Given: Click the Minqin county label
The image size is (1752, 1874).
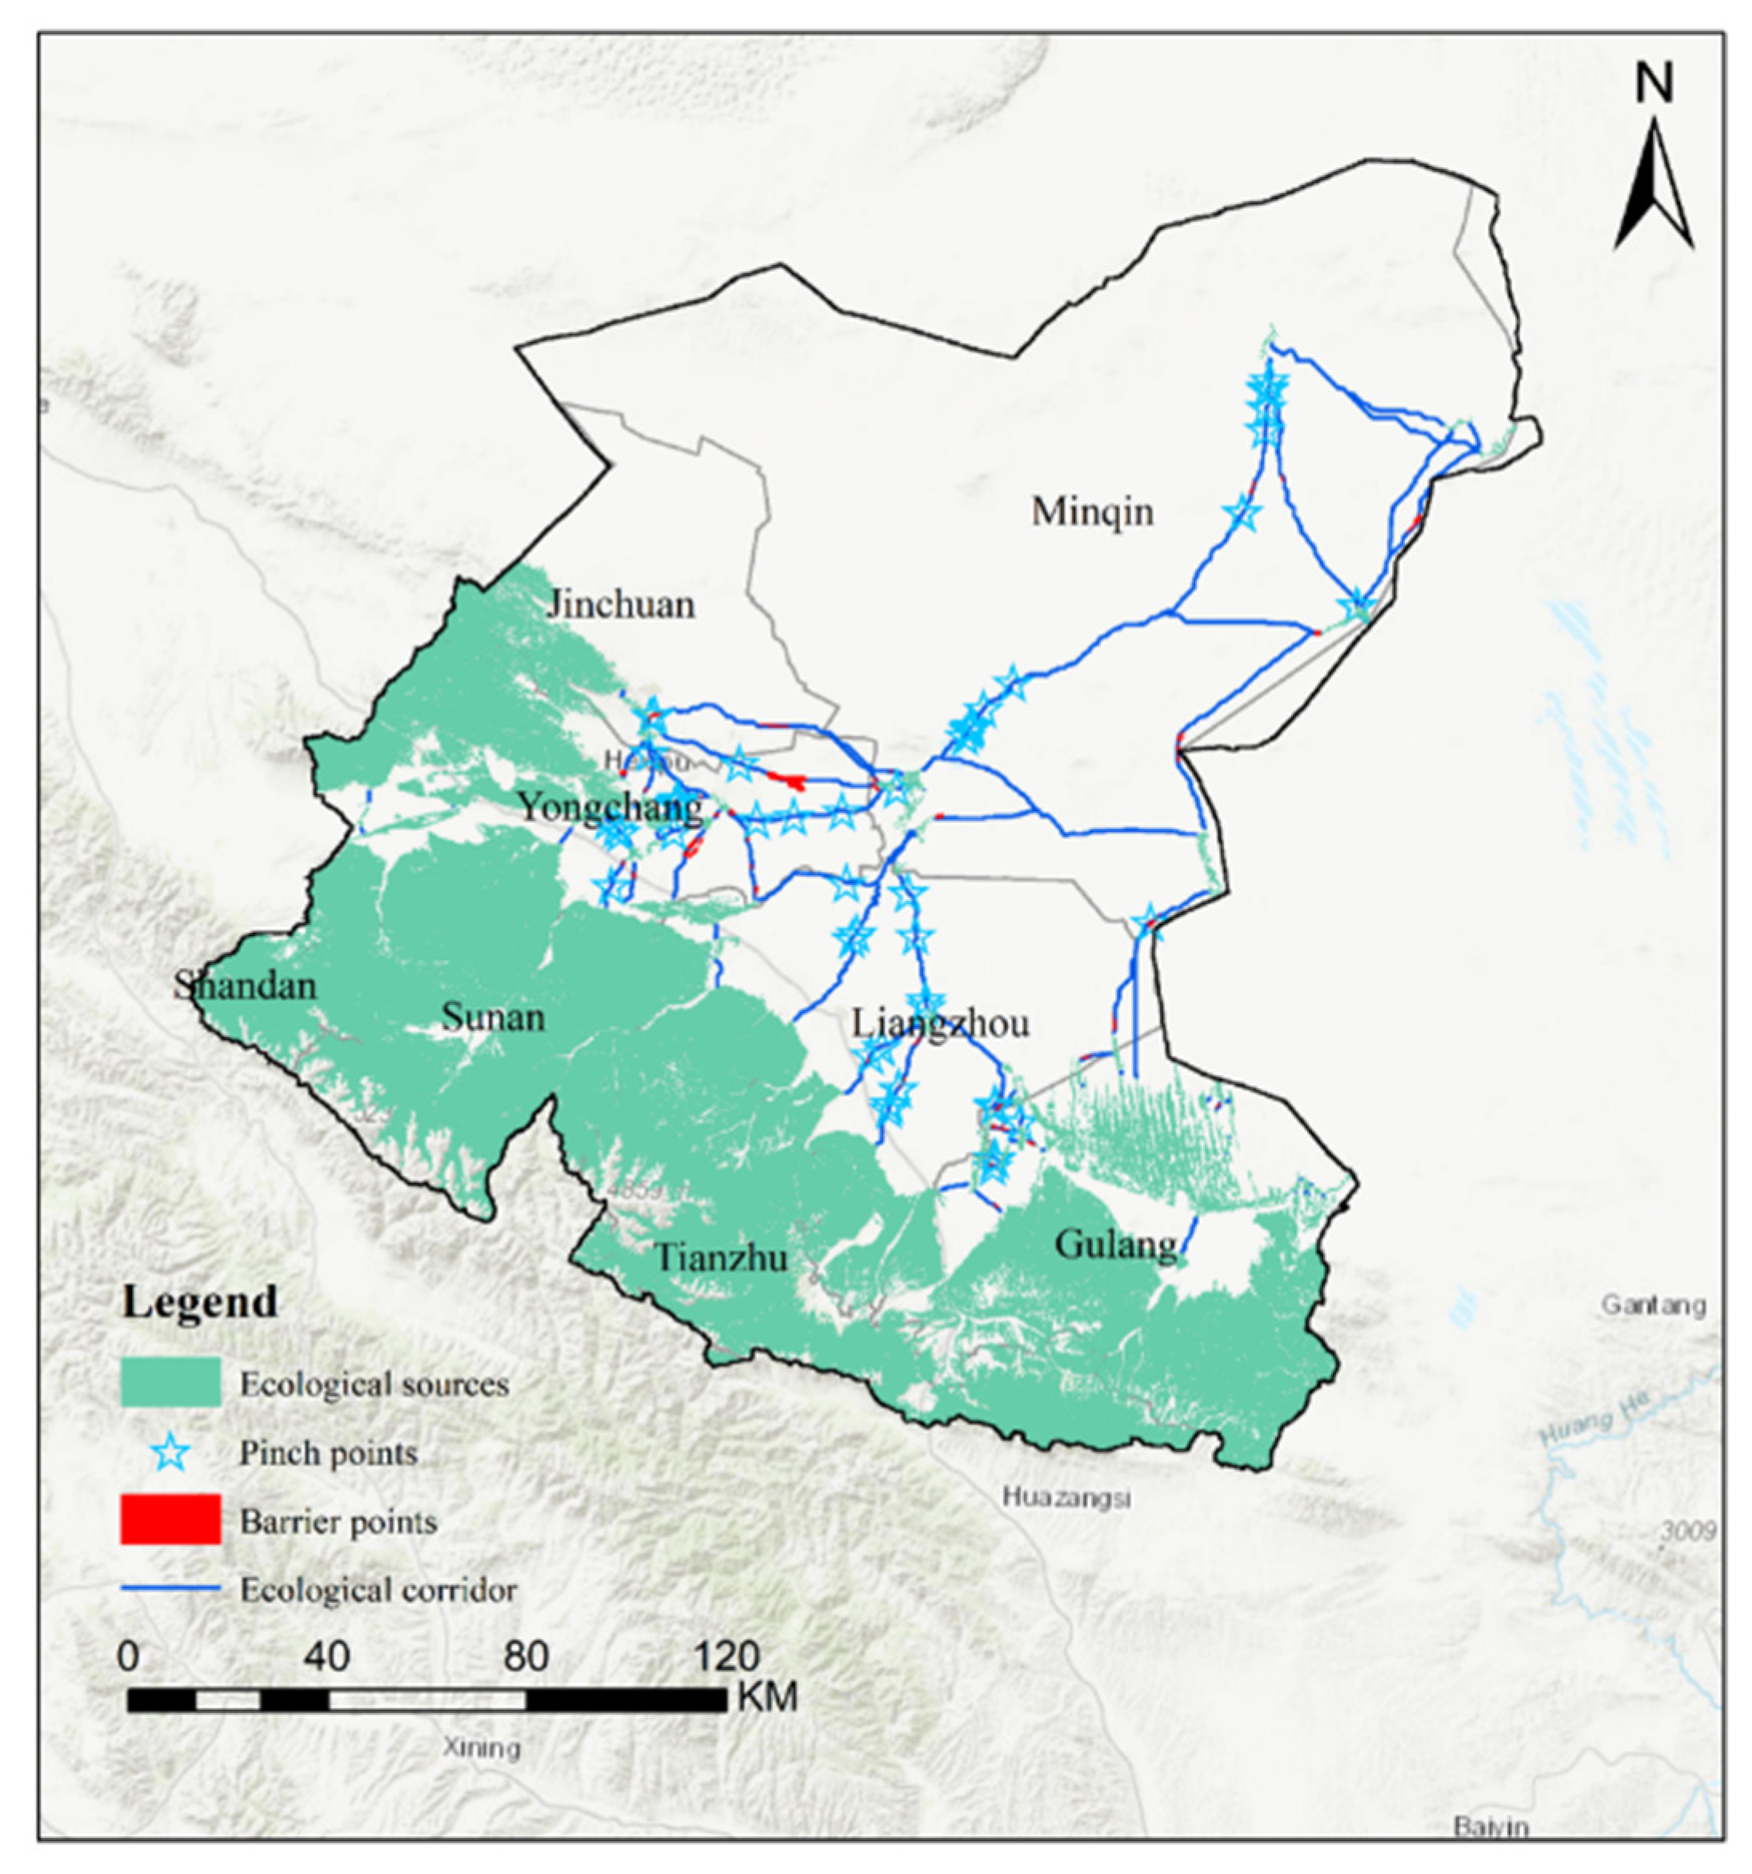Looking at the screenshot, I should point(1091,512).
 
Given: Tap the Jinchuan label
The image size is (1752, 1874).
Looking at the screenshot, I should point(620,604).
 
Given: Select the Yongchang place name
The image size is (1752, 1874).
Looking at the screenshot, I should point(610,806).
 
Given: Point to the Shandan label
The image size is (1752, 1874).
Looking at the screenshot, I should point(245,986).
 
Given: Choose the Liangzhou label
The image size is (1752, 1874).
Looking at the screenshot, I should point(940,1023).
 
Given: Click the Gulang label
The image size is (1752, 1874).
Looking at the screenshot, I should point(1116,1244).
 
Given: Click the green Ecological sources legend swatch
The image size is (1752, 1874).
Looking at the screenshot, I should point(170,1383).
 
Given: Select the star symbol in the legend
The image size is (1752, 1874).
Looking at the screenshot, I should point(170,1452).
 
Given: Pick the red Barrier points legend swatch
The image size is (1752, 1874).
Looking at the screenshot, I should point(170,1520).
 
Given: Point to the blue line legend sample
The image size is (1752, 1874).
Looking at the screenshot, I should point(170,1589).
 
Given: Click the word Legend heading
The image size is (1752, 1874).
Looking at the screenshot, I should point(200,1302).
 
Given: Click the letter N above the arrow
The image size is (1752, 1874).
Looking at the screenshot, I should point(1654,85).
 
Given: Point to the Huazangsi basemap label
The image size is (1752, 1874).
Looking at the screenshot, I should point(1065,1496).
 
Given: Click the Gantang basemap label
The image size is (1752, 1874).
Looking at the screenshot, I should point(1653,1306).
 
